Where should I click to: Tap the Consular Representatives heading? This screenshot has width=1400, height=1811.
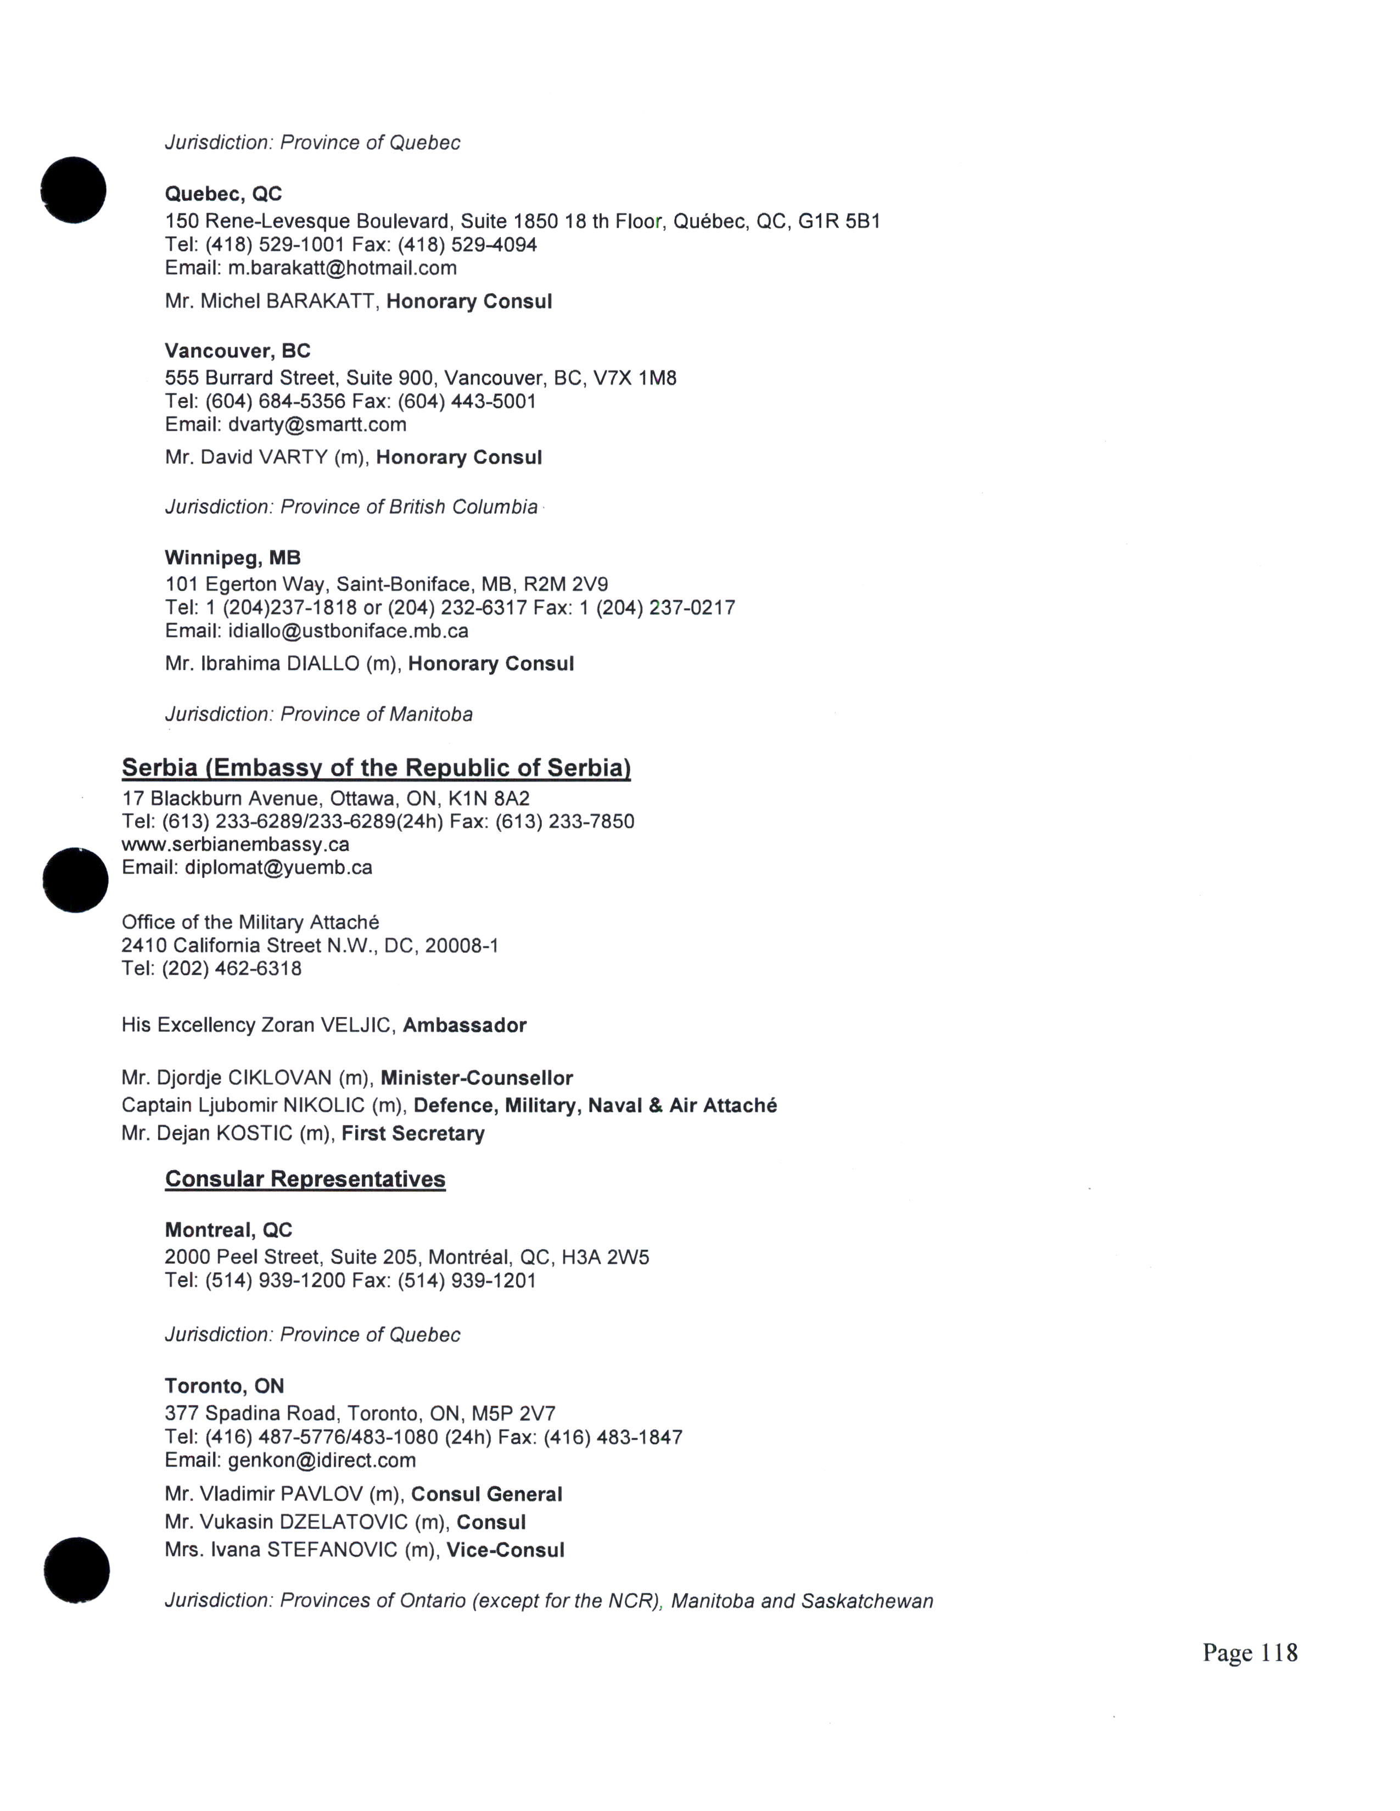click(305, 1179)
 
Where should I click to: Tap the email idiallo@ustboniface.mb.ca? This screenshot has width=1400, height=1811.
click(348, 631)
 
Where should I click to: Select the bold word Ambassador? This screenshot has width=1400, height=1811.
click(464, 1025)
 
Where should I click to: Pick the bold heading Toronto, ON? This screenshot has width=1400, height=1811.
click(224, 1386)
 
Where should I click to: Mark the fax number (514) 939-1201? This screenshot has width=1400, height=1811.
click(467, 1280)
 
